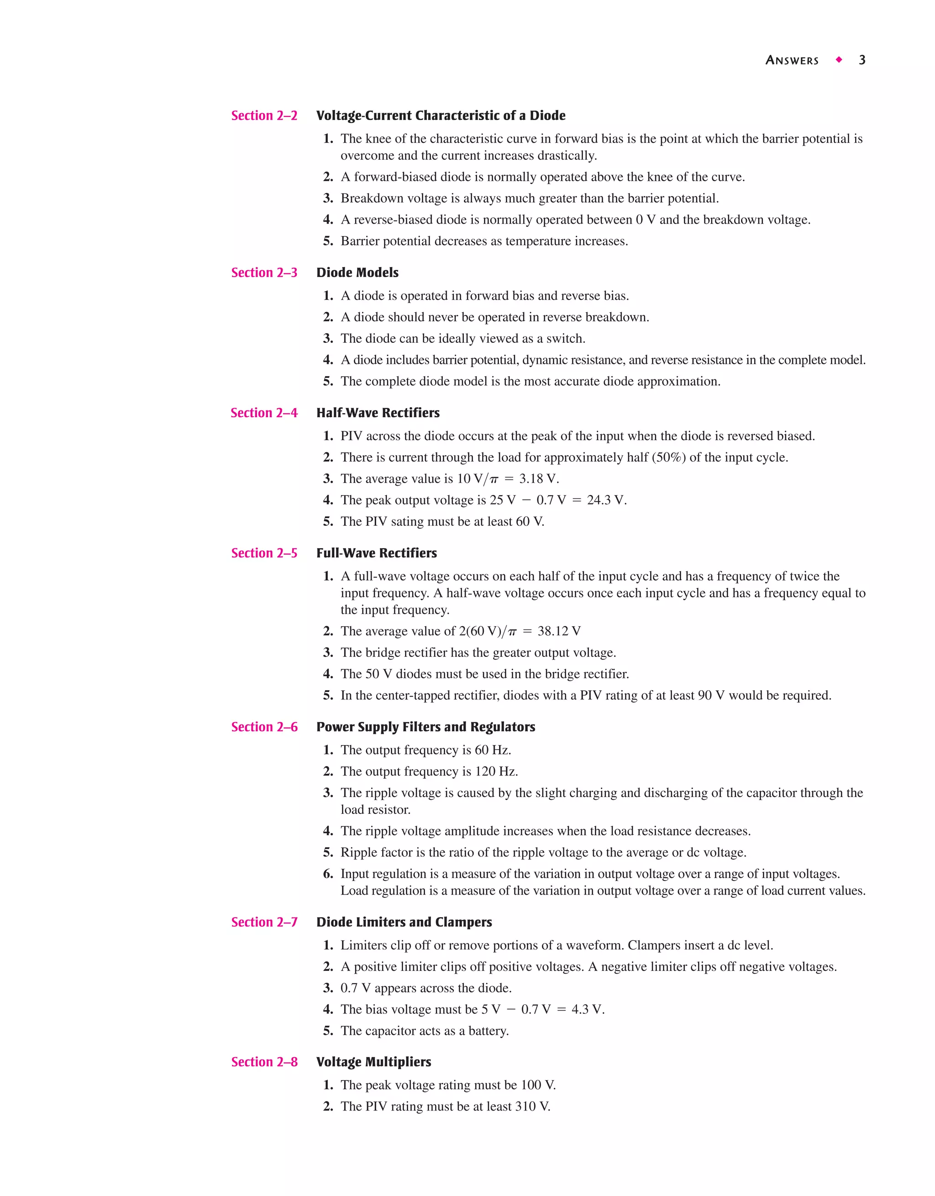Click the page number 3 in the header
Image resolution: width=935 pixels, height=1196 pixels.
pyautogui.click(x=861, y=60)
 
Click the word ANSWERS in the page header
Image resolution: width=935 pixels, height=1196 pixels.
pyautogui.click(x=792, y=61)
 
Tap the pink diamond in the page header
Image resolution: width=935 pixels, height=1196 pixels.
pyautogui.click(x=839, y=60)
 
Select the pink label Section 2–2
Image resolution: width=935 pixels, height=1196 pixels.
pyautogui.click(x=264, y=115)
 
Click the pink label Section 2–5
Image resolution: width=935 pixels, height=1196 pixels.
pyautogui.click(x=264, y=553)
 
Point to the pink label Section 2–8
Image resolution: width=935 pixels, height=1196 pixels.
pyautogui.click(x=264, y=1062)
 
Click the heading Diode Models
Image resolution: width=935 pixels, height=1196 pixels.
pyautogui.click(x=357, y=273)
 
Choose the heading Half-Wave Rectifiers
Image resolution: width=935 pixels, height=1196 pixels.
pyautogui.click(x=378, y=413)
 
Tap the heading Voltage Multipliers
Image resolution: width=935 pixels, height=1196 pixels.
pyautogui.click(x=373, y=1062)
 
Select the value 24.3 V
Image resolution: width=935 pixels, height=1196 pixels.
pyautogui.click(x=606, y=500)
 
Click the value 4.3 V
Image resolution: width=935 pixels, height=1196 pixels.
pyautogui.click(x=588, y=1009)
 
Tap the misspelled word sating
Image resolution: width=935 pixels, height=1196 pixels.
pyautogui.click(x=407, y=521)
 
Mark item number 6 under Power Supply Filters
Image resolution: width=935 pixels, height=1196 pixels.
pyautogui.click(x=327, y=874)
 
